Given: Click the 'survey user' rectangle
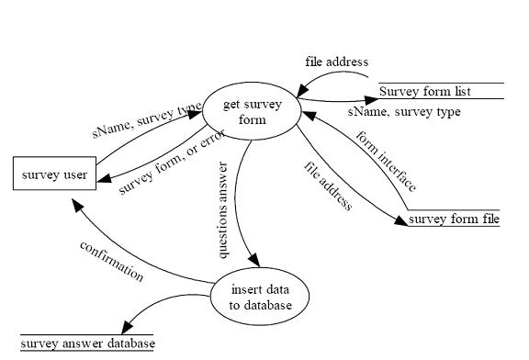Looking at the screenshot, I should click(54, 174).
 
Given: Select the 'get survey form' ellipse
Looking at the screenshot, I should click(253, 112).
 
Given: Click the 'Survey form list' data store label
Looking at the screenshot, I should click(425, 92).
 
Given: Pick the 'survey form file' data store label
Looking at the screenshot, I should click(454, 219).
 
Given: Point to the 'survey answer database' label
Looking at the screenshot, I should click(88, 343).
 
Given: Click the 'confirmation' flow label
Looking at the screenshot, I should click(112, 262).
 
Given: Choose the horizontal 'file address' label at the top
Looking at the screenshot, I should click(336, 62).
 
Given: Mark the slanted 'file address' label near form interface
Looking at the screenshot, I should click(328, 186).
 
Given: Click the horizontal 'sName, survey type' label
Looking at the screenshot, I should click(404, 112).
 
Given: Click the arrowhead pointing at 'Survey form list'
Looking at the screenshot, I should click(372, 98).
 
